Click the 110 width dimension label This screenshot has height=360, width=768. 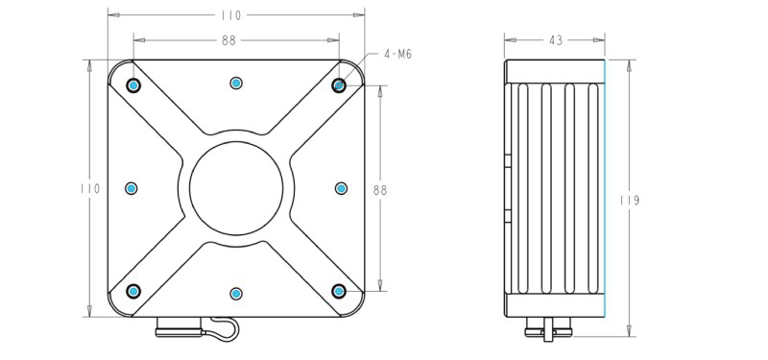(x=230, y=15)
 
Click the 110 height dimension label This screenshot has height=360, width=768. (x=90, y=188)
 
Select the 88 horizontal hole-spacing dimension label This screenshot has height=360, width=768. (x=228, y=40)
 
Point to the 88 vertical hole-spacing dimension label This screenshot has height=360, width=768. (x=380, y=190)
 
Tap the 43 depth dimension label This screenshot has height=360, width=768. (x=556, y=40)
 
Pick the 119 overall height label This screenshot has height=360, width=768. (x=630, y=201)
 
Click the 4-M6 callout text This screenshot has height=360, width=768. (x=397, y=55)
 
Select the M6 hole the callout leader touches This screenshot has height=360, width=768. (x=339, y=85)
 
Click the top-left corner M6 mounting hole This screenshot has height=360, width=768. (x=133, y=85)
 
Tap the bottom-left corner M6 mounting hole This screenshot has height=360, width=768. (x=133, y=292)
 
